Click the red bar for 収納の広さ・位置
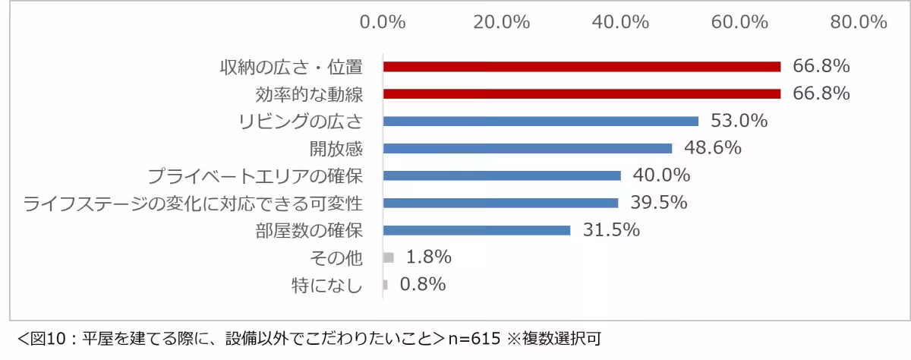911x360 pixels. pos(582,67)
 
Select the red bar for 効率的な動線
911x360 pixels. pos(582,94)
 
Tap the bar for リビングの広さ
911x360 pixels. pos(541,121)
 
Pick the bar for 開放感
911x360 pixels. pos(528,148)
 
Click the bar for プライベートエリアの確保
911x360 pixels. pos(502,175)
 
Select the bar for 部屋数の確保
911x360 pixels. pos(477,230)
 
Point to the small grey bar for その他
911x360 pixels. pos(389,257)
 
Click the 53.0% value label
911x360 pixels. pos(739,121)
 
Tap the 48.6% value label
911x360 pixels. pos(713,148)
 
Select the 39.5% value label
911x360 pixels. pos(659,203)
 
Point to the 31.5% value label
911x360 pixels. pos(611,230)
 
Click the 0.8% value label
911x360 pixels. pos(422,285)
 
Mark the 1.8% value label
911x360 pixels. pos(428,257)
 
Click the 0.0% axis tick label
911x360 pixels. pos(383,22)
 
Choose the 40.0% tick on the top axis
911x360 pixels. pos(620,22)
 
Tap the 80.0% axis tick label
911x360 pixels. pos(859,22)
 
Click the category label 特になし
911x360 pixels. pos(327,286)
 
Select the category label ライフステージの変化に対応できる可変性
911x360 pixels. pos(193,204)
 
